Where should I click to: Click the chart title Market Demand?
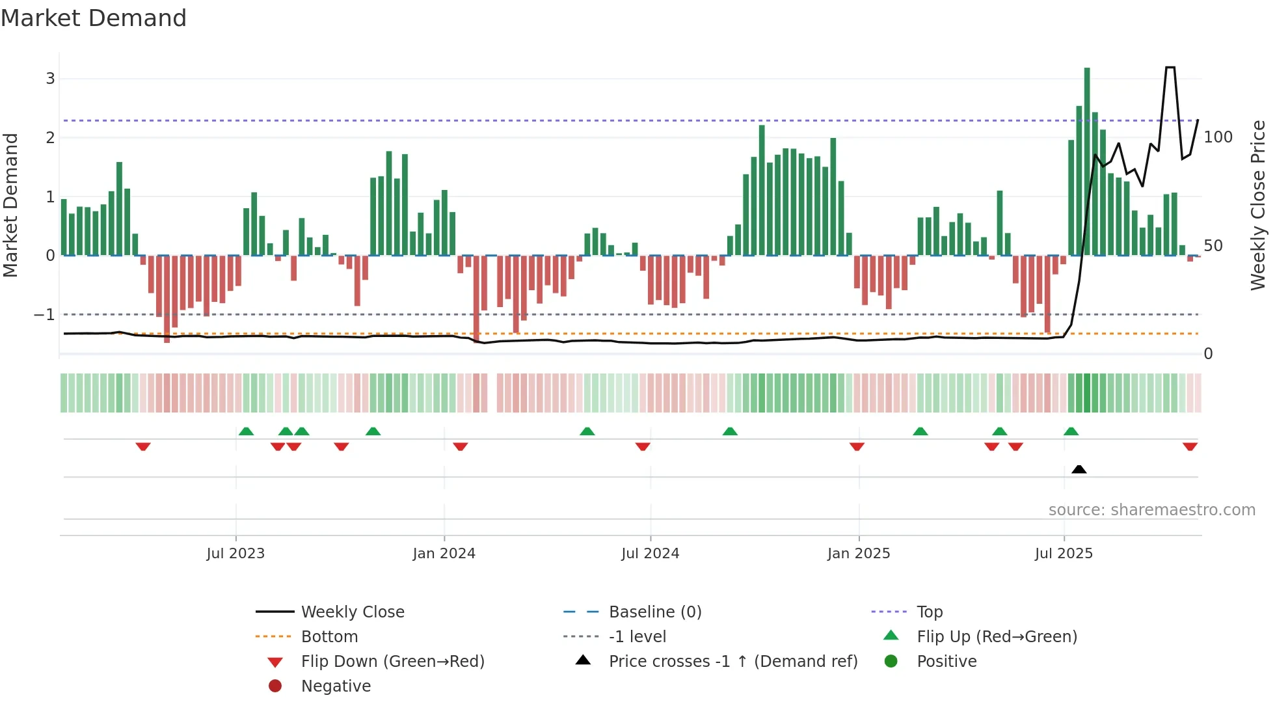coord(94,18)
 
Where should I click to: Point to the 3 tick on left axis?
coord(50,79)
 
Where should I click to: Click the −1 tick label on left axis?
coord(44,315)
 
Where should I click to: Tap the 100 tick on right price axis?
coord(1218,137)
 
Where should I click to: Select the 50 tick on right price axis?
coord(1213,246)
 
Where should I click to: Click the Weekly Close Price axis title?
coord(1258,205)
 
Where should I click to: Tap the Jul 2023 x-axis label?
coord(235,554)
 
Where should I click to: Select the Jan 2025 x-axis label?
coord(859,554)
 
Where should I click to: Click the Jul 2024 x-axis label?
coord(650,554)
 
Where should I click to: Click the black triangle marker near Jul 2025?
coord(1079,469)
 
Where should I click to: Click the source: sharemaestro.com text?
coord(1151,510)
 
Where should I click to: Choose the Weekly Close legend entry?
coord(352,612)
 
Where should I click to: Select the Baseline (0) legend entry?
coord(654,612)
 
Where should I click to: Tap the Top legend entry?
coord(929,612)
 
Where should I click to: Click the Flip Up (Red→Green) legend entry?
coord(997,637)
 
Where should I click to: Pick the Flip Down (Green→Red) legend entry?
coord(392,662)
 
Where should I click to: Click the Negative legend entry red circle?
coord(275,686)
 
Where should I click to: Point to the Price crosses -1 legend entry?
coord(732,662)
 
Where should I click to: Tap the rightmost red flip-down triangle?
coord(1190,446)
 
